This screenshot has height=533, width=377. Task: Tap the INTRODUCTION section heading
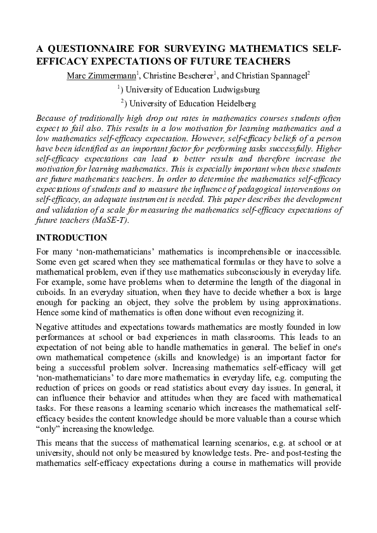click(x=72, y=238)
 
